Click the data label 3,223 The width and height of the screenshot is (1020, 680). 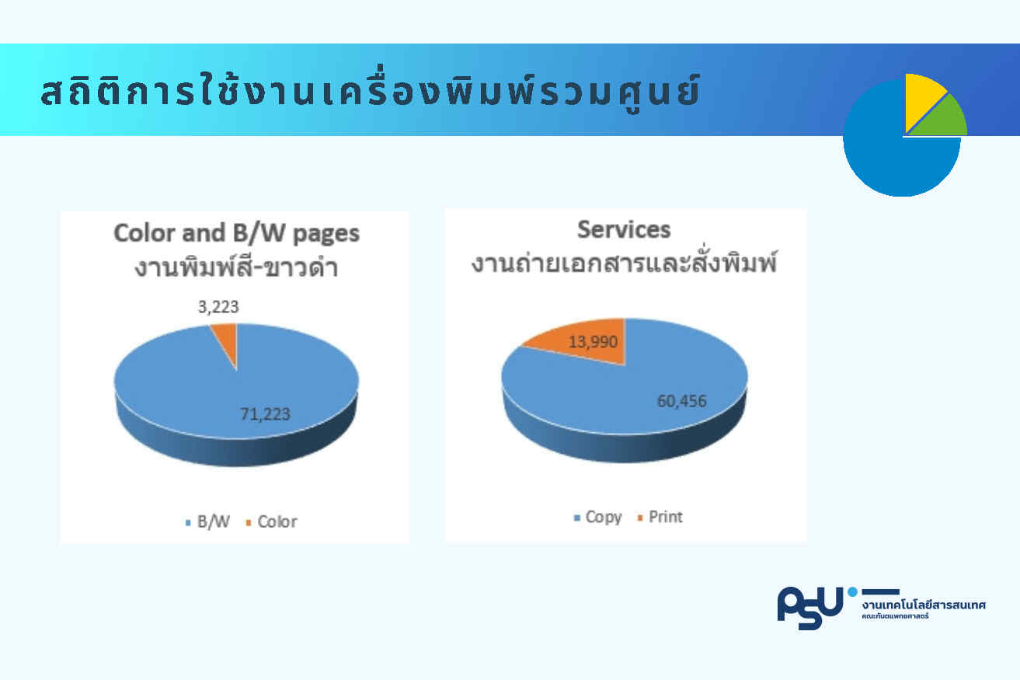pos(218,307)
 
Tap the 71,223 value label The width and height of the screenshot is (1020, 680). pos(265,414)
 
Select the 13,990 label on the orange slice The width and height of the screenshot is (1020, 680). pos(593,342)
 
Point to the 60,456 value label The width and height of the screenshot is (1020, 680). pos(681,401)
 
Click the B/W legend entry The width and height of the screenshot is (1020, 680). pos(207,521)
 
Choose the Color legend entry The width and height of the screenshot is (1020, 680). pos(271,521)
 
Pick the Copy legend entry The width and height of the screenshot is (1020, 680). pos(598,518)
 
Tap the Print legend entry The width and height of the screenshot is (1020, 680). pos(660,517)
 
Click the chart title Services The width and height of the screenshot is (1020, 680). pos(624,229)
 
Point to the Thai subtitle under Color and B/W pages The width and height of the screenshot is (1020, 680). pos(236,267)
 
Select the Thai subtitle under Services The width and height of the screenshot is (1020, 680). pos(624,261)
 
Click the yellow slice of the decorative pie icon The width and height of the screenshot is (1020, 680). pos(922,98)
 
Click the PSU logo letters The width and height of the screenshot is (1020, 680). pos(810,608)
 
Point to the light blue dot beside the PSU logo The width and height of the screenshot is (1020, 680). pos(852,591)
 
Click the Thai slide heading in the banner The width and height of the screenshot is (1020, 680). pos(371,89)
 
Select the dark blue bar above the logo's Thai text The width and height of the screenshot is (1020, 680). pos(881,591)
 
